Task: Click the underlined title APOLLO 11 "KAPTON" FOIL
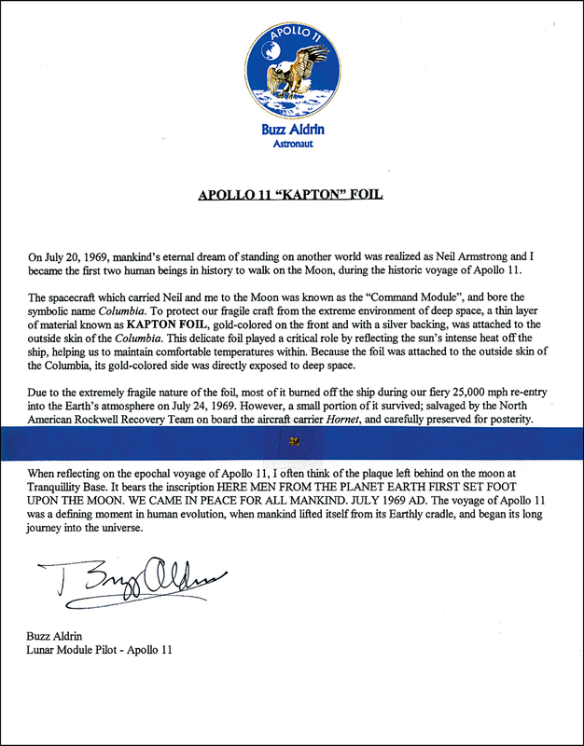click(x=291, y=197)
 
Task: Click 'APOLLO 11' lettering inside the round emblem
click(x=293, y=35)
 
